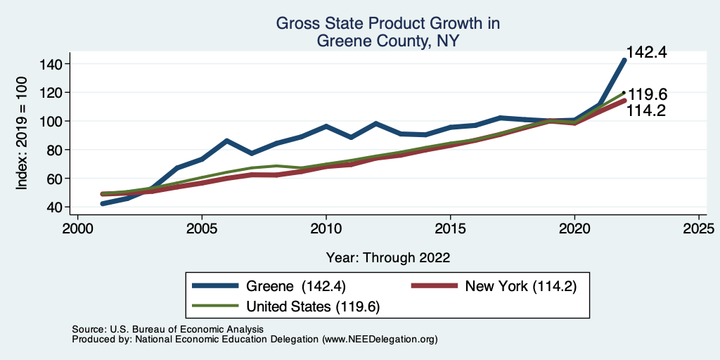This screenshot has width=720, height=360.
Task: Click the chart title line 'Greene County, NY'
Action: click(x=387, y=41)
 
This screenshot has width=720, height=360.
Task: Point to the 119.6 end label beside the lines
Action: click(x=648, y=95)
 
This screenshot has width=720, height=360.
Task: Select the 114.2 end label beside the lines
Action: click(x=648, y=110)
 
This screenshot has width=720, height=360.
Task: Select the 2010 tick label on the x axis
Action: click(x=326, y=229)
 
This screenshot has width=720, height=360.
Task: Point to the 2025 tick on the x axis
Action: click(x=698, y=229)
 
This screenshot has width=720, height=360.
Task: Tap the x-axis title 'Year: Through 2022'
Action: click(x=388, y=257)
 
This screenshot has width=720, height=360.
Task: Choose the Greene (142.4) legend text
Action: click(x=295, y=286)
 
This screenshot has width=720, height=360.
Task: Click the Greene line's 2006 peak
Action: click(x=226, y=141)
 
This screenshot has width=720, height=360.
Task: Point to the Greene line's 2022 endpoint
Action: click(x=624, y=60)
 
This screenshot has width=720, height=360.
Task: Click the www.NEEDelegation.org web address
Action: click(x=380, y=340)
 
